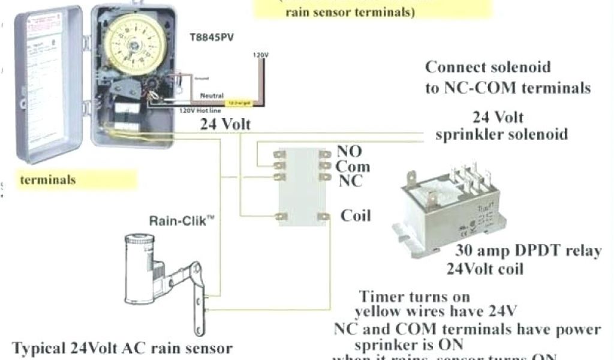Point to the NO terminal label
point(348,152)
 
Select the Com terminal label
point(352,166)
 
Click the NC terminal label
point(350,180)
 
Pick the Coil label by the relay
point(356,215)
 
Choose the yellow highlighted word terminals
point(48,179)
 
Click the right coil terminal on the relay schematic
point(324,216)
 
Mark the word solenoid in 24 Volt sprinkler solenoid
point(532,133)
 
